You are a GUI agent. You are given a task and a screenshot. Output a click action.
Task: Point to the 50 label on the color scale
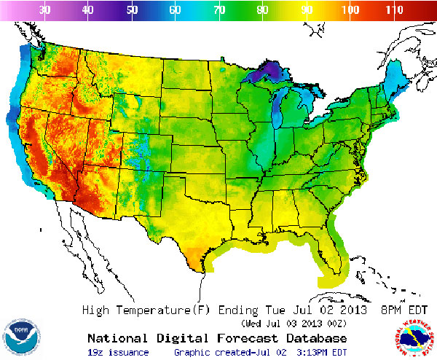point(132,10)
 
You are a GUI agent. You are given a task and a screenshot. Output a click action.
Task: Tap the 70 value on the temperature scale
point(219,10)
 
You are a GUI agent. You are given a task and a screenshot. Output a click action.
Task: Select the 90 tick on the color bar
point(307,10)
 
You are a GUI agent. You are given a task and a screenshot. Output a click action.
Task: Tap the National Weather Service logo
point(415,337)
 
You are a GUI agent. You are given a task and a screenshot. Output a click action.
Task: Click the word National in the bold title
point(116,338)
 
